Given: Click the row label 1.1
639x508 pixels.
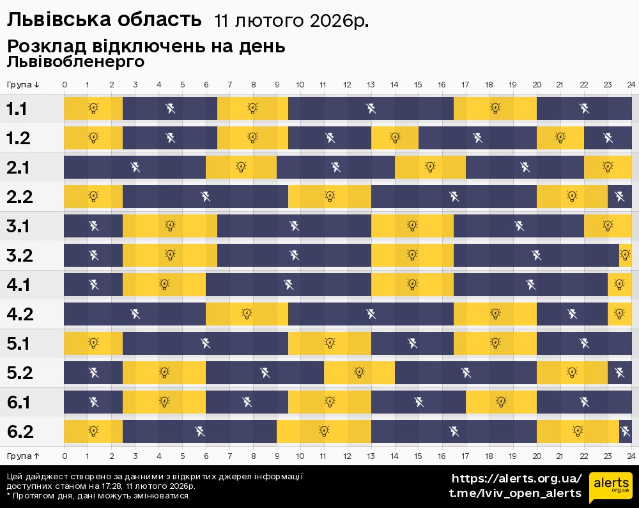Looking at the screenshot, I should click(x=17, y=109).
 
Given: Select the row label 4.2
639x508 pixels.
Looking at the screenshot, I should click(x=19, y=314).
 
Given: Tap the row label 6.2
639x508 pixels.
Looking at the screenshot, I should click(x=19, y=432).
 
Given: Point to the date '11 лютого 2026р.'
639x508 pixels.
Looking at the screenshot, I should click(x=291, y=21).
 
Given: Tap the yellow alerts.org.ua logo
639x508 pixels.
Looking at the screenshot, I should click(x=610, y=488).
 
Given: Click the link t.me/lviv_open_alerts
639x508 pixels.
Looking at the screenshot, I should click(x=515, y=493).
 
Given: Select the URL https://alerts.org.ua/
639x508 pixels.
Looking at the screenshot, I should click(x=516, y=479).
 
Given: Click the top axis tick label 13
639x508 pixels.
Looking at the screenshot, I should click(x=371, y=85).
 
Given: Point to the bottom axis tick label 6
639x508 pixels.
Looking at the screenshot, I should click(x=206, y=456).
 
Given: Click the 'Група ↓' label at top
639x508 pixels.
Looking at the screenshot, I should click(x=24, y=85).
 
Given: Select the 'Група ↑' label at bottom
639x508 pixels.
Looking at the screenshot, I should click(x=24, y=456).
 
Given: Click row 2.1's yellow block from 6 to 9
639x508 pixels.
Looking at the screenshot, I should click(x=241, y=167).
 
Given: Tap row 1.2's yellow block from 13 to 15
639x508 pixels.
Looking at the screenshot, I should click(x=395, y=137).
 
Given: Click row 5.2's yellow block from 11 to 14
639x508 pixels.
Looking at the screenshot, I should click(x=359, y=373).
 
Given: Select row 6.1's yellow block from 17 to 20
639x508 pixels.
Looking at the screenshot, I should click(x=501, y=402).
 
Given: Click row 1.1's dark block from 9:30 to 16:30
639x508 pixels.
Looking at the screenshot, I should click(x=371, y=108).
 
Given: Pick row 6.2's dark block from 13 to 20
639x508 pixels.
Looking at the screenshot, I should click(x=454, y=431).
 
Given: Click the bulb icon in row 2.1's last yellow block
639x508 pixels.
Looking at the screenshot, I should click(x=608, y=167).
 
